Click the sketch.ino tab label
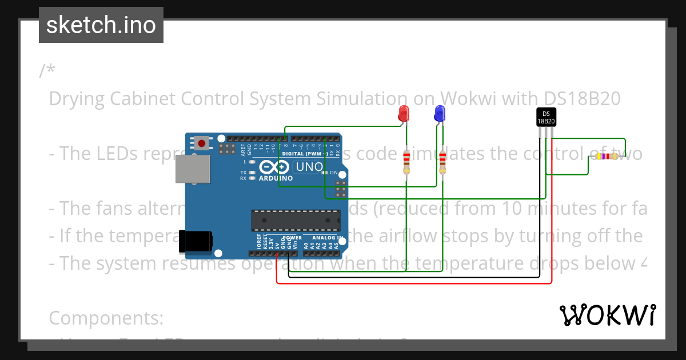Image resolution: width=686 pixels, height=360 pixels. [101, 25]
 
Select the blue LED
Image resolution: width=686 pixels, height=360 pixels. [440, 113]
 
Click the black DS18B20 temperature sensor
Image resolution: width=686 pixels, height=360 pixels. [546, 117]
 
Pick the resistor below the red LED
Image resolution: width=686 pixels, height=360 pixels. [406, 162]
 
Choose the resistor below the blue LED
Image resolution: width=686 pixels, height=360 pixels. [442, 162]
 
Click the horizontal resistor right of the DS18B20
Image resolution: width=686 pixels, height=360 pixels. [607, 156]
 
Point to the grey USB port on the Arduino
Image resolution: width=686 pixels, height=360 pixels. [192, 169]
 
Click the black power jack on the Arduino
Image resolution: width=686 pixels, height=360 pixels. [194, 241]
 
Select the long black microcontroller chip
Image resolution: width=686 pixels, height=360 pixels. [292, 219]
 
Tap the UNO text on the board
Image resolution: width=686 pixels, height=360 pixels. [309, 167]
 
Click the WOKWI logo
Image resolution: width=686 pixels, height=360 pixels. [607, 315]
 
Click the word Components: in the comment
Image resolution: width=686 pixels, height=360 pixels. [106, 317]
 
